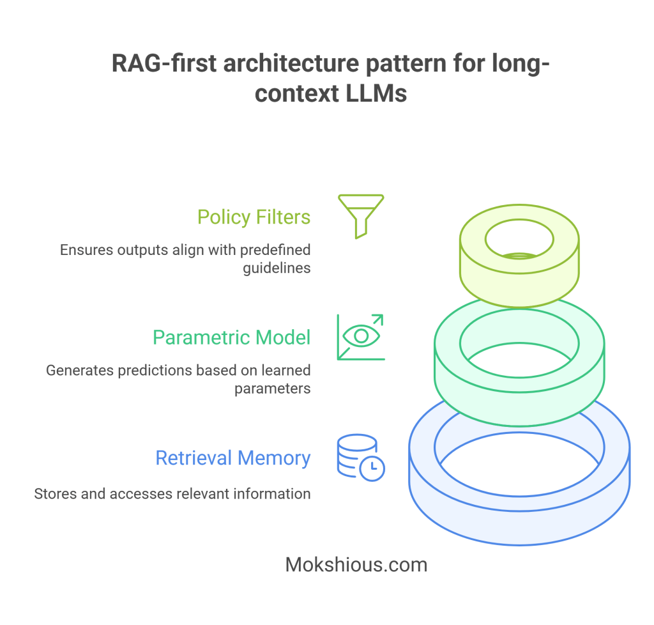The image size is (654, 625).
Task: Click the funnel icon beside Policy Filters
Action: click(361, 216)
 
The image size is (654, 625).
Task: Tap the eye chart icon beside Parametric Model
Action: click(361, 337)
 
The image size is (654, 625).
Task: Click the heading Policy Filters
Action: click(254, 217)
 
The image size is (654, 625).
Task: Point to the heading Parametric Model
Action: click(231, 337)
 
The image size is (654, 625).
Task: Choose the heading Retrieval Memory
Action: click(233, 458)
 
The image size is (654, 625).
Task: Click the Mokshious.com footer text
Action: click(356, 565)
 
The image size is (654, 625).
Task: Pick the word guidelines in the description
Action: click(277, 268)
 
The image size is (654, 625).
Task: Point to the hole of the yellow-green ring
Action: click(519, 242)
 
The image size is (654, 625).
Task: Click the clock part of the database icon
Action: click(372, 468)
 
